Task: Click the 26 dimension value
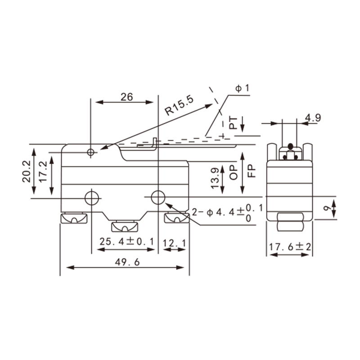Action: pyautogui.click(x=127, y=97)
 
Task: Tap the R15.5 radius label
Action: pyautogui.click(x=179, y=105)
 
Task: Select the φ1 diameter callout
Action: pyautogui.click(x=242, y=88)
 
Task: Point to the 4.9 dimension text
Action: pyautogui.click(x=313, y=118)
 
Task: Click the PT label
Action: pyautogui.click(x=234, y=122)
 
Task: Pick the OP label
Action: pyautogui.click(x=234, y=172)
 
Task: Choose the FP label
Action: pyautogui.click(x=252, y=171)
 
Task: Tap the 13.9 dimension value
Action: pyautogui.click(x=215, y=178)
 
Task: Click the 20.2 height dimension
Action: pyautogui.click(x=27, y=171)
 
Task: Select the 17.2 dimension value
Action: pyautogui.click(x=43, y=172)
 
